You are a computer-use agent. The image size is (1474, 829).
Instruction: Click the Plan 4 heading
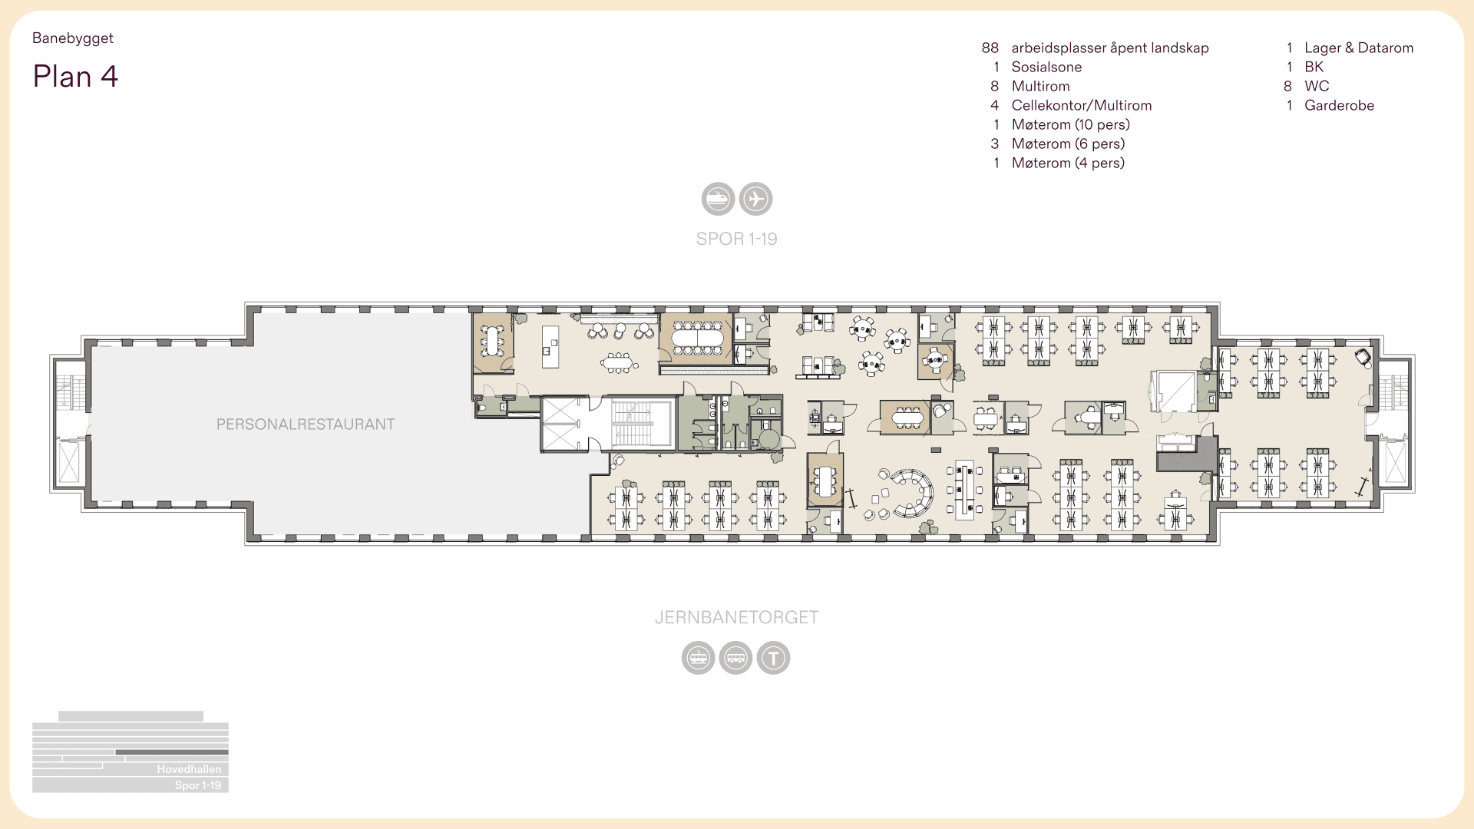point(75,77)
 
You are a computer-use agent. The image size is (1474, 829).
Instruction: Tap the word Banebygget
point(73,38)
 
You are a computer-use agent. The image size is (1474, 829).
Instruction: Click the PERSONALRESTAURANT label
point(306,424)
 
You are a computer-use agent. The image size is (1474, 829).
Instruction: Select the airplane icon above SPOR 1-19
point(755,199)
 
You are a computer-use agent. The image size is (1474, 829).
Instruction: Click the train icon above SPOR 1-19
point(718,199)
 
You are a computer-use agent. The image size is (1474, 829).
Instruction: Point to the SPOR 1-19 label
point(736,239)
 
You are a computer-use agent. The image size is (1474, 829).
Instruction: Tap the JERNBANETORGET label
point(736,617)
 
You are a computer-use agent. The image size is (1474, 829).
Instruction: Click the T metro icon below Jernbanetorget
point(773,658)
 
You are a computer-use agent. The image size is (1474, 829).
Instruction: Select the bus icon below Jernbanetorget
point(735,658)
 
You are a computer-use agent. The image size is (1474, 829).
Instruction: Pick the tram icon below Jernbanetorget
point(698,658)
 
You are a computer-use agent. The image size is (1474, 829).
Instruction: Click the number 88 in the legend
point(990,48)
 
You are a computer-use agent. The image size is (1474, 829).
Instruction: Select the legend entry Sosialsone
point(1046,67)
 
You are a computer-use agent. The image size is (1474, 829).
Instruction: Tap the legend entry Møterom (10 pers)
point(1070,124)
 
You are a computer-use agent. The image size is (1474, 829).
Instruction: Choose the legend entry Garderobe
point(1339,105)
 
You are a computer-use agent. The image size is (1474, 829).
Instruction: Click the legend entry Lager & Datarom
point(1358,48)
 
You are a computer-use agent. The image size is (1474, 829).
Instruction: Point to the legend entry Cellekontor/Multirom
point(1081,105)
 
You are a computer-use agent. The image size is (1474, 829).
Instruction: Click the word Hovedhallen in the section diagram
point(189,769)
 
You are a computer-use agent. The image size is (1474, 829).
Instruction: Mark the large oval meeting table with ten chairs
point(697,338)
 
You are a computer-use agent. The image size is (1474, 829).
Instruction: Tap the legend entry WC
point(1317,86)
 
